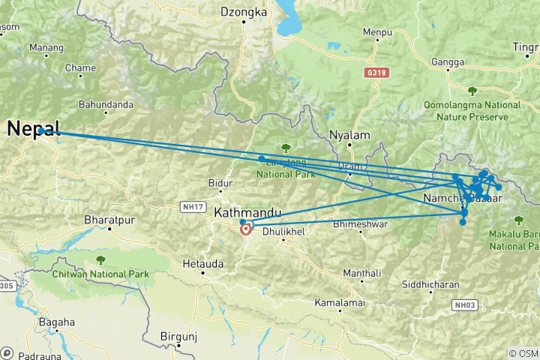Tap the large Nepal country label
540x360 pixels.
[x=34, y=129]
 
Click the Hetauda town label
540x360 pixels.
[x=199, y=263]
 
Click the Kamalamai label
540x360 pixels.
[x=340, y=302]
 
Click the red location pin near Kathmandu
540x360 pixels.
[x=246, y=229]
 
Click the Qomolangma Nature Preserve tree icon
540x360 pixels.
[x=472, y=91]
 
